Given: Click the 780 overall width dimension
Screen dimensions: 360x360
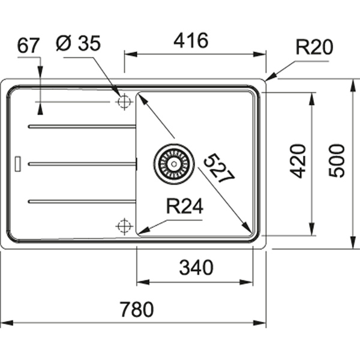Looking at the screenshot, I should (x=137, y=310).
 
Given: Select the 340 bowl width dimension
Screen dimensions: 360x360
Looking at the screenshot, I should (x=196, y=268).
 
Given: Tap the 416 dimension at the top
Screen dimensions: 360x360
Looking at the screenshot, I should (x=190, y=41).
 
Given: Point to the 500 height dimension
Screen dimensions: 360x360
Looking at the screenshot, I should (x=337, y=160).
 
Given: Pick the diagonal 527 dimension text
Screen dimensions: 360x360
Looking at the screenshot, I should (x=218, y=168).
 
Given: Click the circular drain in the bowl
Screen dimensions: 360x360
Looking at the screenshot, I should (x=175, y=162).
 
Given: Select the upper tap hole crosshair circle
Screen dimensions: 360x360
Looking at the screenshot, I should (x=124, y=102).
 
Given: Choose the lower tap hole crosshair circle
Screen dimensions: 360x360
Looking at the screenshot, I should (x=124, y=226).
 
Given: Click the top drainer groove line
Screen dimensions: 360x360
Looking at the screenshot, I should (x=81, y=127).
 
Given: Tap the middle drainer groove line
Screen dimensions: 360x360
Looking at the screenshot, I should (x=81, y=163).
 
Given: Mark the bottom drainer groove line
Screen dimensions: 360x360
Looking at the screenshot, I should (x=81, y=201).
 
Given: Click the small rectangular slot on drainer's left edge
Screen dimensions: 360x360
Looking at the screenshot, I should (x=18, y=163).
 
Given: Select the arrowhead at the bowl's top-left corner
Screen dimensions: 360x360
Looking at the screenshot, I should (x=142, y=97).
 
